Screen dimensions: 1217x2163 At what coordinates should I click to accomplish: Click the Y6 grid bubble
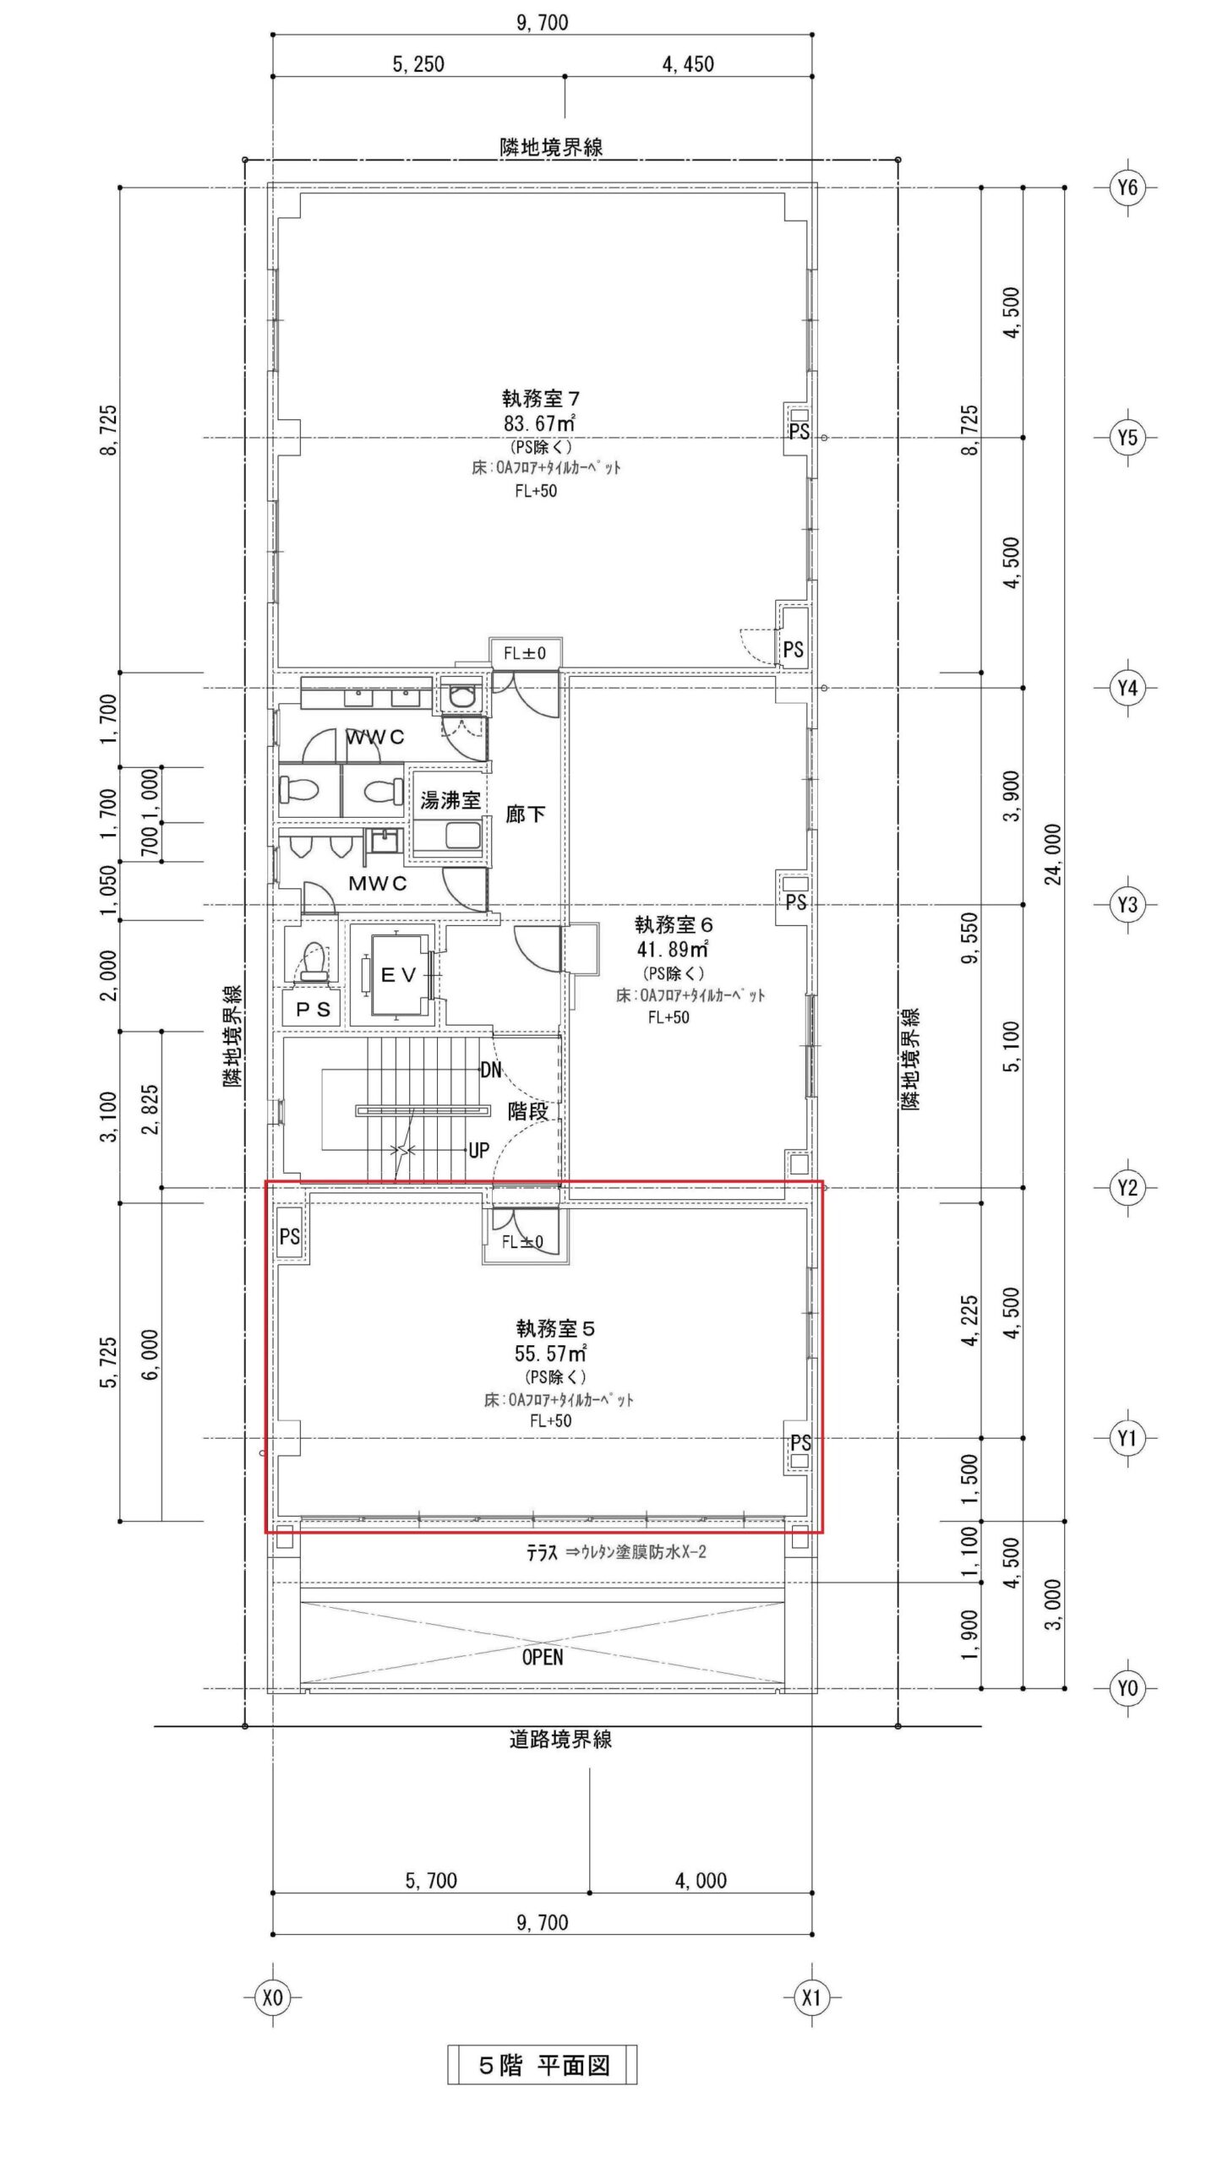click(x=1127, y=188)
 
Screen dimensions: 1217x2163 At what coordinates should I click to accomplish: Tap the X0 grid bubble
click(x=272, y=1997)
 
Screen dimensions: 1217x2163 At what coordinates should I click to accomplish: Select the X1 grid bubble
click(x=811, y=1997)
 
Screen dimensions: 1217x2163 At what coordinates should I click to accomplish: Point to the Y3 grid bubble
click(x=1127, y=906)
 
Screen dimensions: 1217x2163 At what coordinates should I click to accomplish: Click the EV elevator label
click(x=399, y=975)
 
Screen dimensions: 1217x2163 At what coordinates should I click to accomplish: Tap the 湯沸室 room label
click(x=450, y=800)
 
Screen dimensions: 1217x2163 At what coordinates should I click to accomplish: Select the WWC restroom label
click(x=375, y=738)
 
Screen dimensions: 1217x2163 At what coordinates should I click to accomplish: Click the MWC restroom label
click(x=378, y=884)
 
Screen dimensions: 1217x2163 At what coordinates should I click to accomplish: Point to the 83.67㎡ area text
click(x=540, y=422)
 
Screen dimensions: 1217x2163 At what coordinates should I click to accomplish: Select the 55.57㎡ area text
click(x=552, y=1354)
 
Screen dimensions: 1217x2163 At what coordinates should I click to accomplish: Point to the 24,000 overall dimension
click(x=1055, y=853)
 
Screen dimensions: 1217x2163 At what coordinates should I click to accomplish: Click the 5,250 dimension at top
click(x=418, y=64)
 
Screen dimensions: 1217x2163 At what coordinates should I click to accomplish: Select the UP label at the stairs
click(x=478, y=1150)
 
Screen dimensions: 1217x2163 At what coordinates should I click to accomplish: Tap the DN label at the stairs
click(x=490, y=1070)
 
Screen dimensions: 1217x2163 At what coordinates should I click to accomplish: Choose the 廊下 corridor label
click(x=525, y=815)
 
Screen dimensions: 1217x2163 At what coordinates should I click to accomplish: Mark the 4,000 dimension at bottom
click(x=701, y=1881)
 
